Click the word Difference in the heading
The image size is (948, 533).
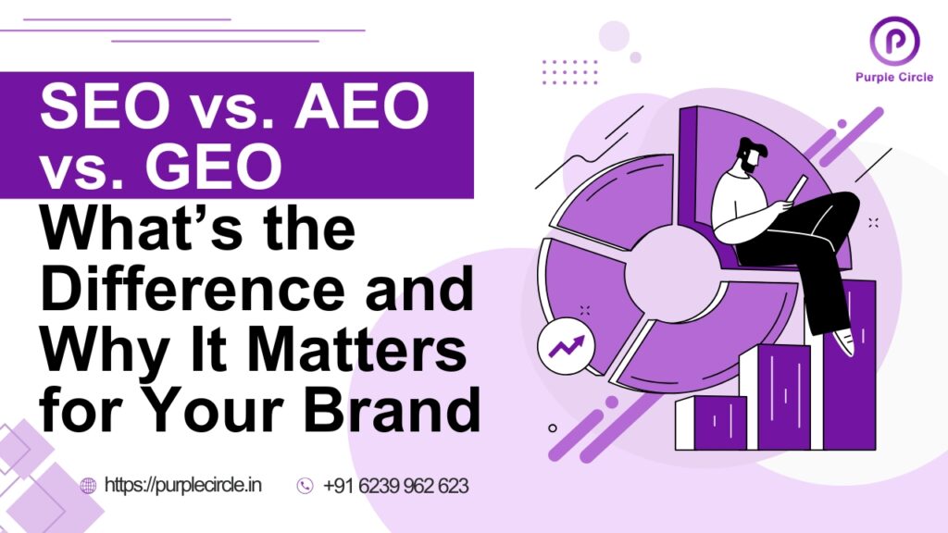(189, 291)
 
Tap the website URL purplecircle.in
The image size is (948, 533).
(182, 485)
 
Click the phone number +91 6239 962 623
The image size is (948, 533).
(395, 485)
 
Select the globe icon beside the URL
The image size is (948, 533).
(89, 486)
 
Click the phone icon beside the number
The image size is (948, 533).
(305, 486)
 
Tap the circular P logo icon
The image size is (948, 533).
(893, 42)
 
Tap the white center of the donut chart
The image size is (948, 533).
(669, 268)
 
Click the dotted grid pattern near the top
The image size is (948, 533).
(569, 72)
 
